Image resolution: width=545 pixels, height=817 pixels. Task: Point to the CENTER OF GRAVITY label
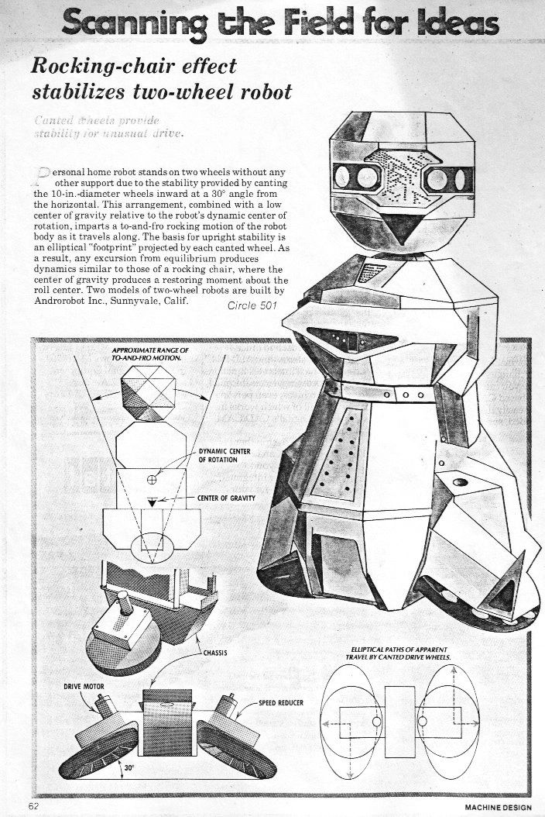[226, 498]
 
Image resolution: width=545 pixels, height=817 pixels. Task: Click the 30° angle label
[129, 768]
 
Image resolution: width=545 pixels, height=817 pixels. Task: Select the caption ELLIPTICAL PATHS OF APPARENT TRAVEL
[400, 652]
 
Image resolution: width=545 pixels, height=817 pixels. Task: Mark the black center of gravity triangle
[153, 502]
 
